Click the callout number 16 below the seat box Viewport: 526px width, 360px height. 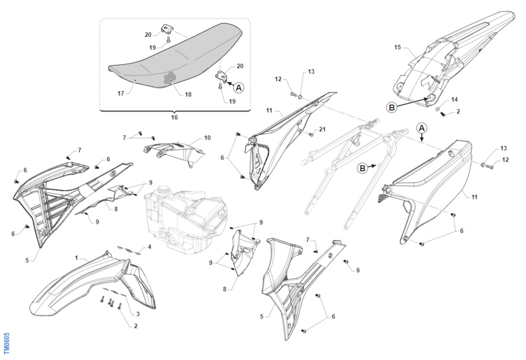click(174, 117)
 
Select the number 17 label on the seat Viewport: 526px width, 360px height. click(121, 93)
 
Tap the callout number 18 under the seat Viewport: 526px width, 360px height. click(188, 95)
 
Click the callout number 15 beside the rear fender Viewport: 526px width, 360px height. click(397, 47)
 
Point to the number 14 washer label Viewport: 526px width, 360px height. click(454, 99)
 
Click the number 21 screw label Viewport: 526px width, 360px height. click(322, 130)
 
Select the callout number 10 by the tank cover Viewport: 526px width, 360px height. click(207, 138)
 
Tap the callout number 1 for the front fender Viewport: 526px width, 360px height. click(76, 258)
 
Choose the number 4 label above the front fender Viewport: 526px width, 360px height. click(149, 247)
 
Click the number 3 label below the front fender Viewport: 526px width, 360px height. click(138, 314)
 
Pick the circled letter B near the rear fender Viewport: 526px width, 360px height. click(392, 108)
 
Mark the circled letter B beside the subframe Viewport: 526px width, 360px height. click(363, 168)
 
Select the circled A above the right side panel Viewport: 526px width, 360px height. click(421, 128)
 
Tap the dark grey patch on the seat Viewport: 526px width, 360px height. click(170, 78)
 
